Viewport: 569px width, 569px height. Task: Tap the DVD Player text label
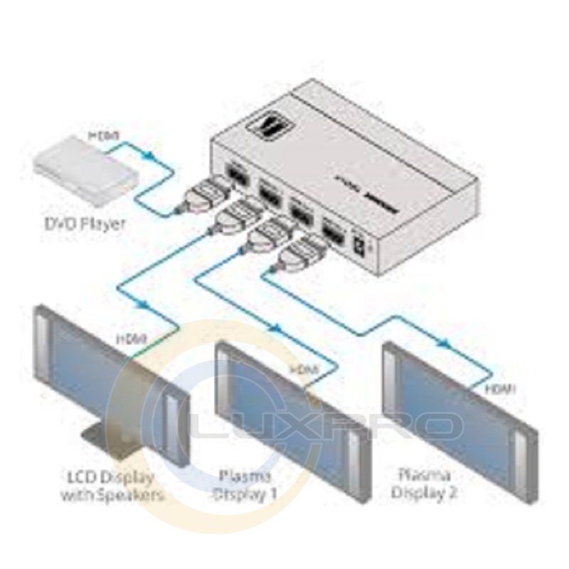point(85,224)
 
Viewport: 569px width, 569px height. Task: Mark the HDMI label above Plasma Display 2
point(500,388)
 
